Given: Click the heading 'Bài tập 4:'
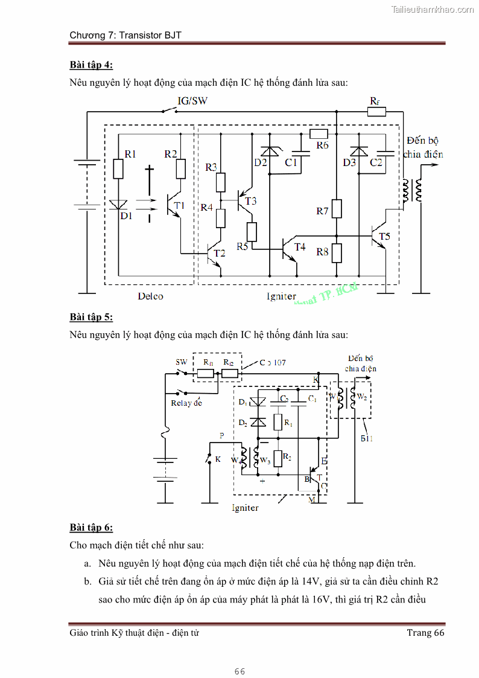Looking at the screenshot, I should [x=91, y=65].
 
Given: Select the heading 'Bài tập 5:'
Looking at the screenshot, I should [x=91, y=317].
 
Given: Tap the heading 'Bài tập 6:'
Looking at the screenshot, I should [x=91, y=528].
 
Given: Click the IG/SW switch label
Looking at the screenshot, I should [x=192, y=101].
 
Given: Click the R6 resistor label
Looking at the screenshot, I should [x=322, y=146].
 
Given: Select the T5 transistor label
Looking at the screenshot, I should [x=384, y=236].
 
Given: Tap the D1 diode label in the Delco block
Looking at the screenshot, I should [x=125, y=216].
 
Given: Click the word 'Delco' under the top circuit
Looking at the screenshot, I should [x=150, y=296].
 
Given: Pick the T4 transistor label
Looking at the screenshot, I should [x=299, y=246].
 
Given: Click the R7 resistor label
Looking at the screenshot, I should [x=322, y=211].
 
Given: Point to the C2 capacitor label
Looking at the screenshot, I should [x=376, y=162].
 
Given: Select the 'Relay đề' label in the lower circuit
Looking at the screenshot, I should [x=186, y=403].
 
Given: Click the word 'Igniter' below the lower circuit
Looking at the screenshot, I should [x=245, y=508].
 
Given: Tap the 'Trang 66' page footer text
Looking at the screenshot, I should [x=425, y=632].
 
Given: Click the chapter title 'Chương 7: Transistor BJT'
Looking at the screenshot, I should [x=125, y=35].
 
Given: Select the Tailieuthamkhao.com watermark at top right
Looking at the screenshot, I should [x=433, y=10].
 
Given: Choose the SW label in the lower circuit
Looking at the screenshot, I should [x=182, y=362].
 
